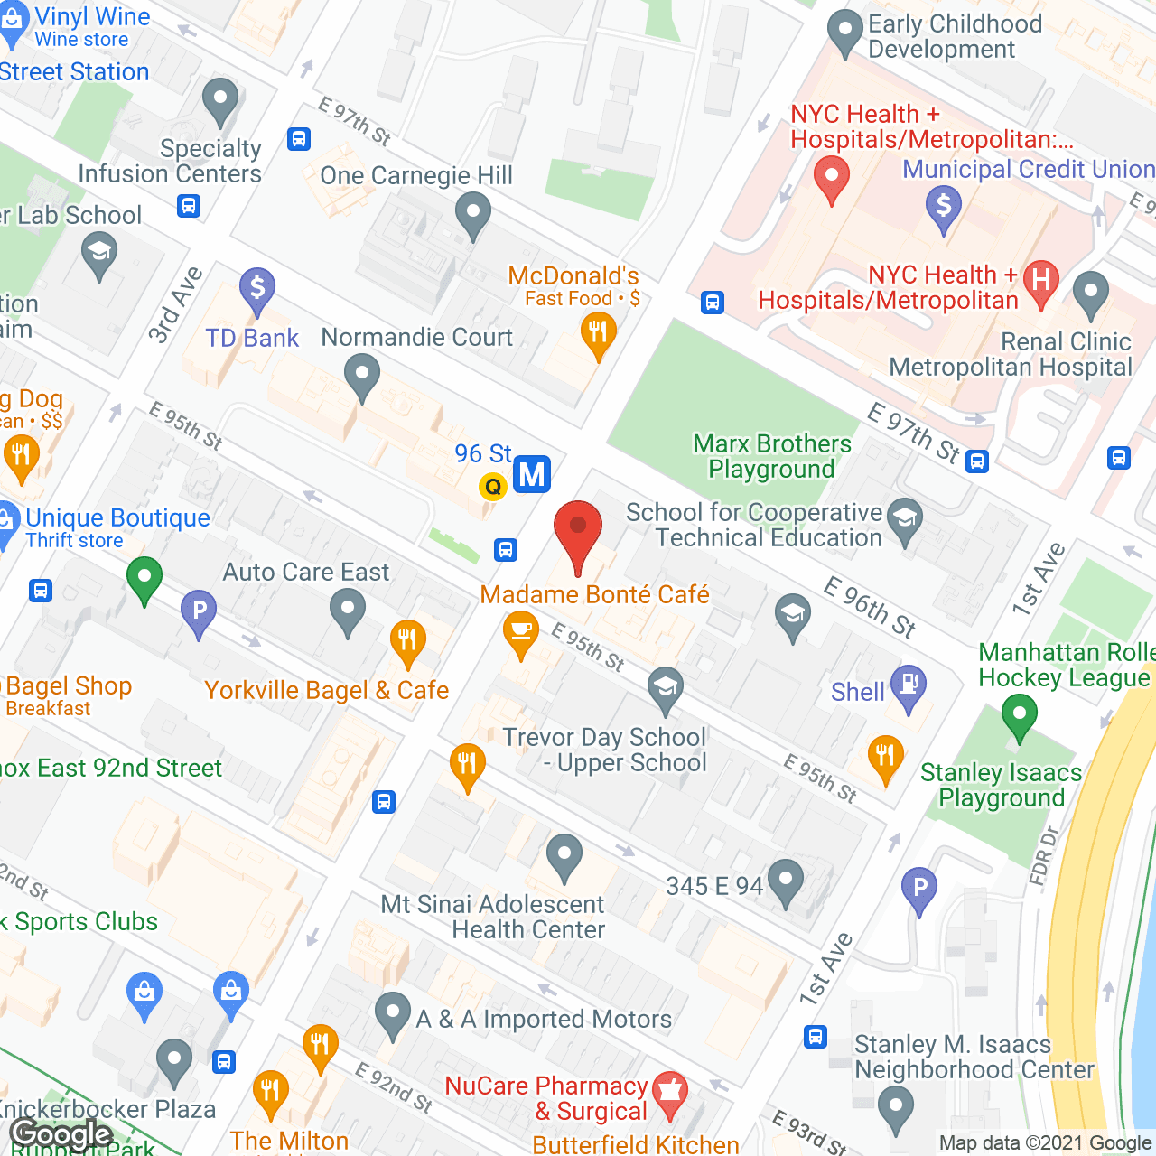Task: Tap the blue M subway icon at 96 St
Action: coord(532,474)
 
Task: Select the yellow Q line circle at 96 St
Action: coord(493,487)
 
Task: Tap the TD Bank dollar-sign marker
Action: coord(257,290)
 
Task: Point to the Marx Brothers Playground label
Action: coord(771,456)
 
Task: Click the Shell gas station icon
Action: coord(909,685)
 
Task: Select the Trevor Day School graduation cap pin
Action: coord(666,688)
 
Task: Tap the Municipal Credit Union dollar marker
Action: coord(944,207)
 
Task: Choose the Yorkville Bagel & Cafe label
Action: coord(326,690)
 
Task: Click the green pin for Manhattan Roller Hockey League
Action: coord(1020,715)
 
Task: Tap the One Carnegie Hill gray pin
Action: coord(472,216)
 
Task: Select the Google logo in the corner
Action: coord(61,1134)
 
